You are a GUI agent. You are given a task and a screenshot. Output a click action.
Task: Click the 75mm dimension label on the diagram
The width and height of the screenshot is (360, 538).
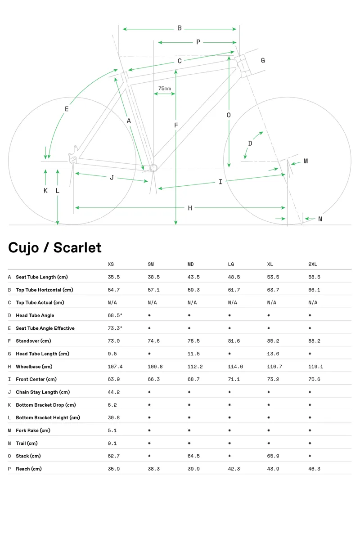coord(164,89)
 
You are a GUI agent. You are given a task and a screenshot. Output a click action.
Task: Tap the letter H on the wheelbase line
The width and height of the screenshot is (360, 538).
coord(190,208)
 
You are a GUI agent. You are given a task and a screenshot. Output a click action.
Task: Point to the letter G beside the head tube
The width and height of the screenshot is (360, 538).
coord(263,60)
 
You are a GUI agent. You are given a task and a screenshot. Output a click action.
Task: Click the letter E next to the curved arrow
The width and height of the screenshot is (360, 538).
coord(67,109)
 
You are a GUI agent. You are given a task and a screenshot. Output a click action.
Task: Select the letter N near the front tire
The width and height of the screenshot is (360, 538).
coord(320,219)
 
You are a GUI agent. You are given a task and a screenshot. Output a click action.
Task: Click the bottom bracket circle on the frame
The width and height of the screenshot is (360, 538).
coord(153,168)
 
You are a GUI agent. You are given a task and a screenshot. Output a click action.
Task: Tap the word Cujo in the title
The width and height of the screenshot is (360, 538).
coord(23,248)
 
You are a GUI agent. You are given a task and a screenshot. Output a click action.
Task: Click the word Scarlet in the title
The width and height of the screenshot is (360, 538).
coord(77,248)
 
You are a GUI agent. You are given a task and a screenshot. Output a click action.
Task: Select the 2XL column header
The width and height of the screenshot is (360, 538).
coord(313,264)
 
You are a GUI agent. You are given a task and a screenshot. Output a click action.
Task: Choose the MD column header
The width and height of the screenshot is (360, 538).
coord(190,264)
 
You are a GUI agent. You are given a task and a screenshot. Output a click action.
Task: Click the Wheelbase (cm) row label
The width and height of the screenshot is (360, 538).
coord(34,367)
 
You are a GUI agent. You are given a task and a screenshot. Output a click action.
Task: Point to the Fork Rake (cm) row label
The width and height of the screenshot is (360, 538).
coord(33,430)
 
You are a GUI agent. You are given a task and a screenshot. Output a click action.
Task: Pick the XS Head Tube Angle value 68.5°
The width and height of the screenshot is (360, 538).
coord(115,315)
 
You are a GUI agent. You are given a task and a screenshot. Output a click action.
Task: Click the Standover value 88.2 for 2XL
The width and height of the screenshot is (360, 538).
coord(314,341)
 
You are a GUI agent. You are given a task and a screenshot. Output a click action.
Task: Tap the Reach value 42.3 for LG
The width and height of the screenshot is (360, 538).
coord(234,469)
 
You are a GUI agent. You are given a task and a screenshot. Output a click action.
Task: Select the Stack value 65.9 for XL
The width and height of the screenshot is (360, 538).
coord(273,456)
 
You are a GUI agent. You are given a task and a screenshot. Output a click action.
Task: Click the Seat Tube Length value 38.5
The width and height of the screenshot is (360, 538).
coord(154,277)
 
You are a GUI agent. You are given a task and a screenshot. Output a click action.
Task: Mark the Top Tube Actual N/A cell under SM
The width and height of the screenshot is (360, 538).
coord(153,303)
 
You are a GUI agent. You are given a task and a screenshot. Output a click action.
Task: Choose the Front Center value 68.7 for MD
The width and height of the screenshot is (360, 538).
coord(193,379)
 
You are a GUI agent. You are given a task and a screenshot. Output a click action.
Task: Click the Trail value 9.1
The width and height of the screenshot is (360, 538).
coord(112,443)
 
